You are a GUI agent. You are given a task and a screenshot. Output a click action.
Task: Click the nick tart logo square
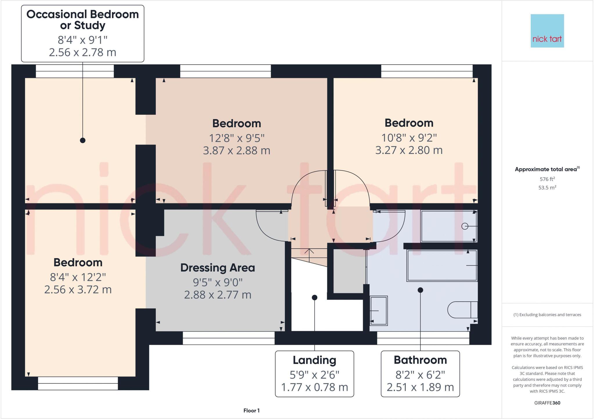pos(547,31)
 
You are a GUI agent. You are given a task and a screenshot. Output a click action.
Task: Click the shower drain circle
pos(465,226)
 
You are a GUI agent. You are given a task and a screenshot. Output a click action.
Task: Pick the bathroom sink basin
pos(379,311)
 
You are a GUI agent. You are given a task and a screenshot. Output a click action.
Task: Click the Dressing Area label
pos(218,268)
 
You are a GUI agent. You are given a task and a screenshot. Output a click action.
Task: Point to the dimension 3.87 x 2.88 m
pos(236,151)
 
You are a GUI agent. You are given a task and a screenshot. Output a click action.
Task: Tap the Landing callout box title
pos(314,360)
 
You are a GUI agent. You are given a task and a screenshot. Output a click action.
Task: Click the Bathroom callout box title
pos(420,360)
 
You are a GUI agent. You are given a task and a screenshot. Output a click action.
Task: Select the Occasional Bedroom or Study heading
pos(83,20)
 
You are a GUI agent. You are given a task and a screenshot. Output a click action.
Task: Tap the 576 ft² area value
pos(547,179)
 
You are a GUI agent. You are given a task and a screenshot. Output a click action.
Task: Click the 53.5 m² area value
pos(547,188)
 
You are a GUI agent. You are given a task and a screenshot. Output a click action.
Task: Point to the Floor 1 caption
pos(251,411)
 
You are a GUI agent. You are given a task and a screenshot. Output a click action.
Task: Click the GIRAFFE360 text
pos(547,403)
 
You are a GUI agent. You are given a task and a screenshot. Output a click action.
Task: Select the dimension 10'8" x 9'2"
pos(409,138)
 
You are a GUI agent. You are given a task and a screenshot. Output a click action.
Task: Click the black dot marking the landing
pos(314,298)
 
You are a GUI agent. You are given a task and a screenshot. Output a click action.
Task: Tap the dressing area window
pos(229,338)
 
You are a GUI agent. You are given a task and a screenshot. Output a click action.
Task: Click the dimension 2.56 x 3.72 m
pos(78,290)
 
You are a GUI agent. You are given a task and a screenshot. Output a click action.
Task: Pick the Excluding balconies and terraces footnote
pos(547,315)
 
